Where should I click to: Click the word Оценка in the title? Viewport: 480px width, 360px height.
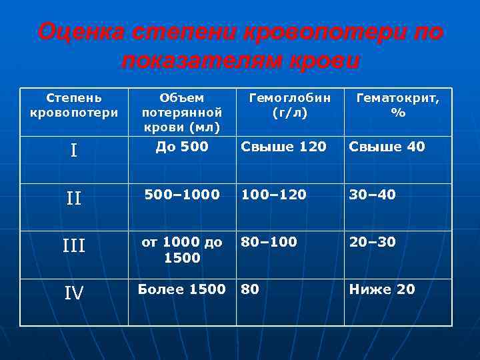click(79, 31)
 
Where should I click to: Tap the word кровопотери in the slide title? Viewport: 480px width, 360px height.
click(311, 31)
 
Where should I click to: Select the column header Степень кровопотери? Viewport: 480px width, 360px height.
click(74, 105)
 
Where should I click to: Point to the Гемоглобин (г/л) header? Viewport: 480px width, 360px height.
click(289, 105)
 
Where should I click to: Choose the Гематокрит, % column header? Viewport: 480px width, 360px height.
click(398, 105)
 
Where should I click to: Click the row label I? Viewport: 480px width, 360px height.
click(74, 151)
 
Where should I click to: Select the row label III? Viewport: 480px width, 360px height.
click(74, 246)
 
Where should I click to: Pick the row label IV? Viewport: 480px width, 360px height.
click(74, 293)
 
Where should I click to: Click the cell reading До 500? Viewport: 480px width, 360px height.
click(182, 146)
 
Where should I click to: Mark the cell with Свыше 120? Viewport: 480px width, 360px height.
click(284, 146)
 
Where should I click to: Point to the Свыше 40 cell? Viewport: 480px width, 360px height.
click(387, 146)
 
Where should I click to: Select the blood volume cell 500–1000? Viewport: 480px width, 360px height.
click(182, 194)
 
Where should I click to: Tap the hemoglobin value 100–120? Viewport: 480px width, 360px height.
click(274, 194)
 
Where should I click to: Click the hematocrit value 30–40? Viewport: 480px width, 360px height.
click(372, 194)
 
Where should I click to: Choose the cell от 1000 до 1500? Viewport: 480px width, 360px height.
click(182, 249)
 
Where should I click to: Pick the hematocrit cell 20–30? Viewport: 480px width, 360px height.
click(372, 241)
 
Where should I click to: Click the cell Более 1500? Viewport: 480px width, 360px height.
click(182, 289)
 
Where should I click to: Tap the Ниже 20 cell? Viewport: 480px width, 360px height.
click(382, 289)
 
